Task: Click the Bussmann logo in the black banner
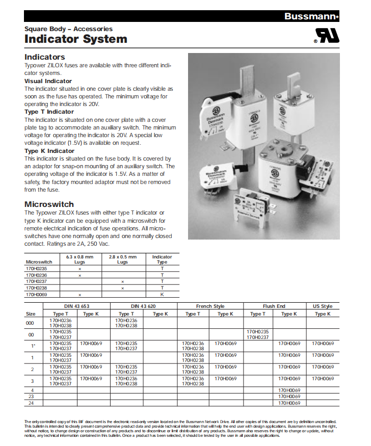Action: coord(311,16)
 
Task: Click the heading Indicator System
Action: coord(75,39)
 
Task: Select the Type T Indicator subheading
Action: coord(49,112)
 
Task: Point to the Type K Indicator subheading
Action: coord(49,151)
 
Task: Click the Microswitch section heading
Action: coord(49,204)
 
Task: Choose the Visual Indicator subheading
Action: coord(48,81)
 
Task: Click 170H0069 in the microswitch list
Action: coord(36,294)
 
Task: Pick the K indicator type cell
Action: coord(162,294)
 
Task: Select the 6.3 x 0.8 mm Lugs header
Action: coord(80,259)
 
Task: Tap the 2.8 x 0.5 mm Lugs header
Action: coord(122,259)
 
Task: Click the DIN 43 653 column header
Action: coord(74,306)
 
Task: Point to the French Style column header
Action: coord(210,306)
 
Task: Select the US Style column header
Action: coord(322,306)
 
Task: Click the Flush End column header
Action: coord(274,306)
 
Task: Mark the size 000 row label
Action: coord(31,322)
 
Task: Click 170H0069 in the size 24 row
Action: coord(289,403)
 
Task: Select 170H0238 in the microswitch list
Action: coord(36,288)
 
